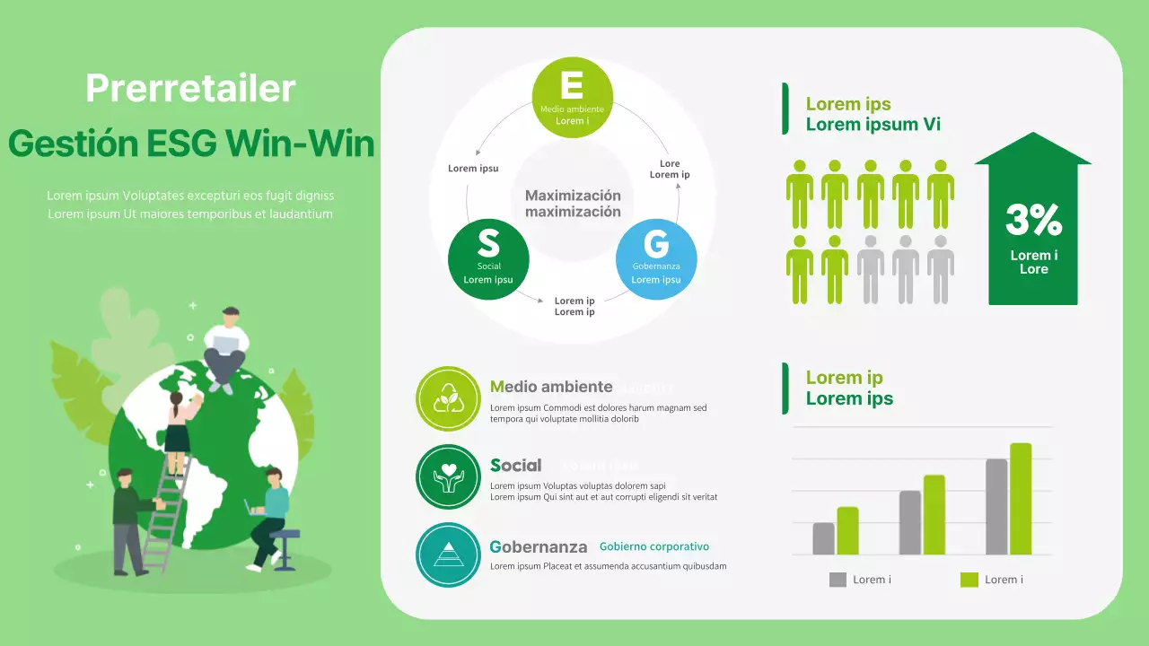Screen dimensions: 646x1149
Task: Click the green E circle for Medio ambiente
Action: point(573,97)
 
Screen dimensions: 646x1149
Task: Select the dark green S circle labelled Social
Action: point(488,259)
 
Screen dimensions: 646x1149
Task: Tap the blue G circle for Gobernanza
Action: point(656,259)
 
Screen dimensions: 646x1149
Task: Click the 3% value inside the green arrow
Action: point(1033,220)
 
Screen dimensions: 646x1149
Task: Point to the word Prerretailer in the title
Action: point(190,88)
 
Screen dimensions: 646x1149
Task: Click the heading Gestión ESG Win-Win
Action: point(190,144)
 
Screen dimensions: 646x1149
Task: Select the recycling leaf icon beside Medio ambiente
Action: point(448,398)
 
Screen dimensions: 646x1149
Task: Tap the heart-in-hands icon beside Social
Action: point(448,476)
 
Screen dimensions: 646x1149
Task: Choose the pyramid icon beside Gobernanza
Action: point(448,554)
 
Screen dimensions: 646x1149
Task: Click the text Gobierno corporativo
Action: point(654,546)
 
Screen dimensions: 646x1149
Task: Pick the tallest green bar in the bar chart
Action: point(1021,499)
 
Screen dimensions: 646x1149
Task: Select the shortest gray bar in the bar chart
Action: point(823,538)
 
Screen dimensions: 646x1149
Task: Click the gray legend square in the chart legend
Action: point(838,580)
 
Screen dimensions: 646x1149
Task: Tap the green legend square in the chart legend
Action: point(969,580)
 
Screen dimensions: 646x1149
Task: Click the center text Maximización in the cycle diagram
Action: point(573,196)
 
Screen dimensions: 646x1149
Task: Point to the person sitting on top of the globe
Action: point(224,345)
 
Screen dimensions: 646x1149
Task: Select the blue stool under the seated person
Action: point(285,548)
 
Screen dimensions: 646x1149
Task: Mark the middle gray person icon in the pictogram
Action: point(905,268)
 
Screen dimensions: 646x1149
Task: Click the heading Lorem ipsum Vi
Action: point(873,125)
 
